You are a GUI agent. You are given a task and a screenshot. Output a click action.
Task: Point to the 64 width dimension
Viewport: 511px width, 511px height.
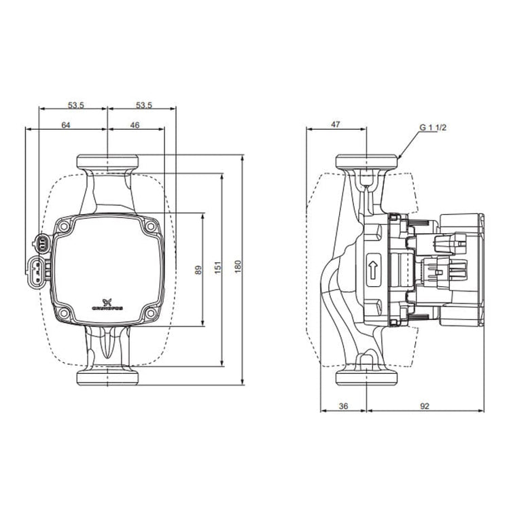[66, 125]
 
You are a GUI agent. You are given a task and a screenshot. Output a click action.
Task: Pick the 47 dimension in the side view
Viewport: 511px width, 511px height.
[336, 125]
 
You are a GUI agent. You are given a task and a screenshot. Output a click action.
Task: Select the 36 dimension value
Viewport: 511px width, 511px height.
[343, 406]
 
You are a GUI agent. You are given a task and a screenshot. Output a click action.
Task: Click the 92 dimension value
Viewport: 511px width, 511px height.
[425, 406]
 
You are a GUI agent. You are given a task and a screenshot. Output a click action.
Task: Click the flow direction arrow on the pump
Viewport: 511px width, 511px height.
[373, 269]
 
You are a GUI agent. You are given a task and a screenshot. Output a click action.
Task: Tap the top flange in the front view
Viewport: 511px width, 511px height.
[107, 162]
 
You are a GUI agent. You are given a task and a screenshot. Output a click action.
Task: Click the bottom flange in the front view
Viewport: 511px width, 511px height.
[107, 377]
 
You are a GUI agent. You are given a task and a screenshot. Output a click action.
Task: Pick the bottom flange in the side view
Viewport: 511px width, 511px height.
[367, 377]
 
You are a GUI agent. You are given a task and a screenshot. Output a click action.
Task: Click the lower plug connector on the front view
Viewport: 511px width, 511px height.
[35, 272]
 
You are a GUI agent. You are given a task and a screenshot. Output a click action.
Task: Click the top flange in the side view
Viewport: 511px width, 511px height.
[367, 162]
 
